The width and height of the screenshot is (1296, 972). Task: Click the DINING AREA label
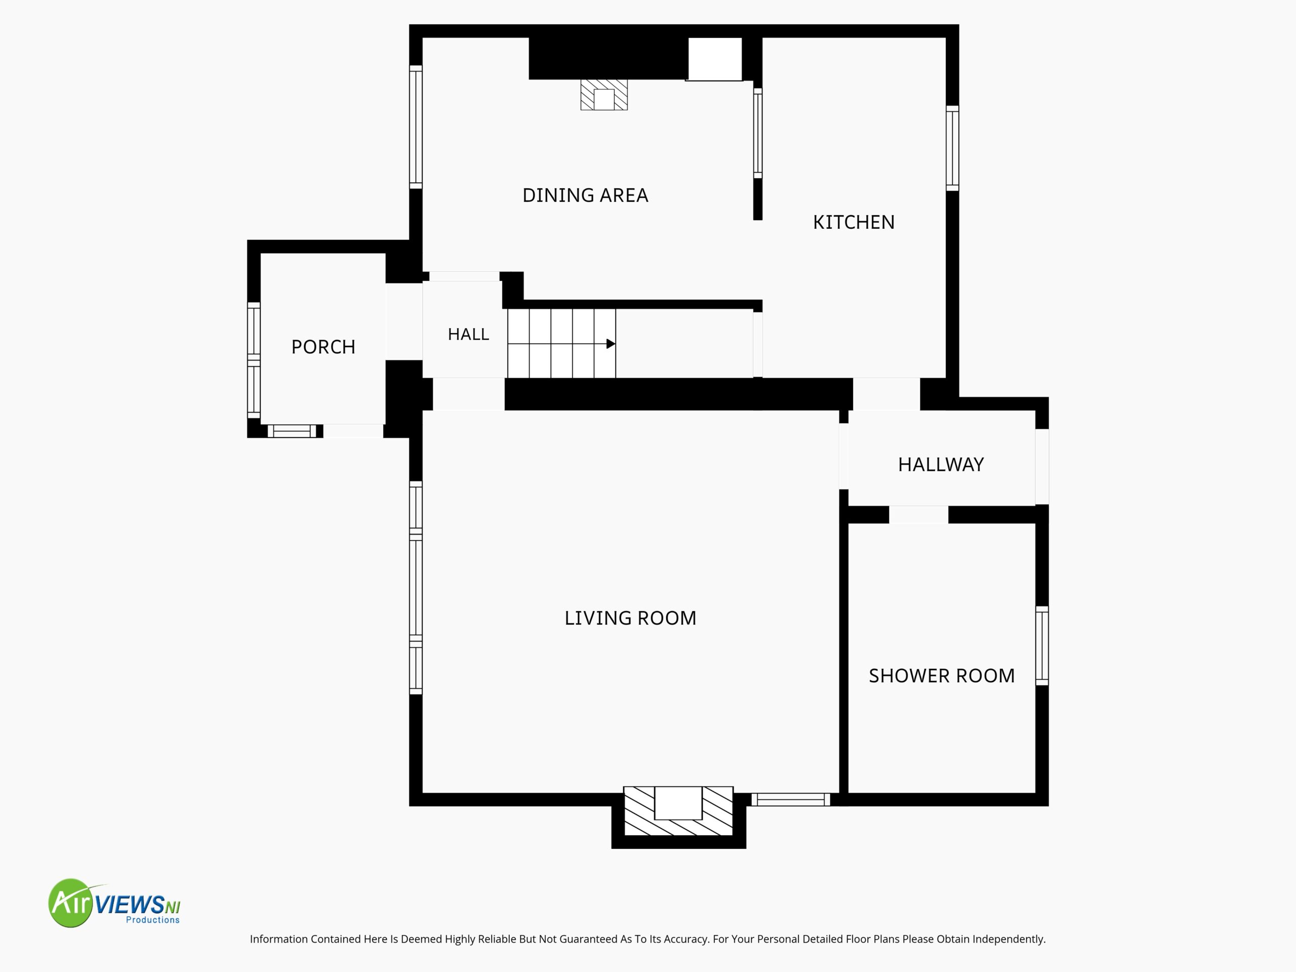point(585,195)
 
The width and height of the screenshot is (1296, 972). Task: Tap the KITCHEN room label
point(854,222)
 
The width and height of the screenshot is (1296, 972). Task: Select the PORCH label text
point(323,347)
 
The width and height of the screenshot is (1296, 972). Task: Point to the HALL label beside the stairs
point(468,334)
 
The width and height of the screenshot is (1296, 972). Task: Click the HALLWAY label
point(941,465)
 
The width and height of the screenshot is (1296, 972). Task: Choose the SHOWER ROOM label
point(942,675)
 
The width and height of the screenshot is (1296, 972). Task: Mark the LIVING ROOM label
point(630,618)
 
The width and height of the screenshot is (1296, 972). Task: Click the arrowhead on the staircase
point(611,344)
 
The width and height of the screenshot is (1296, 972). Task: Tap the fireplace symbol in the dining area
point(604,95)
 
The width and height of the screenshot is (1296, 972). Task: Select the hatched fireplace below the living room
point(678,811)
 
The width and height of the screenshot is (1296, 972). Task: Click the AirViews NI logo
point(114,903)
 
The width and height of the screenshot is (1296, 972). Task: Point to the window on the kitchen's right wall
point(953,148)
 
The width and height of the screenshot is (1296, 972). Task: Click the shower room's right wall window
point(1042,645)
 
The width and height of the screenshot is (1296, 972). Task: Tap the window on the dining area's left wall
point(416,127)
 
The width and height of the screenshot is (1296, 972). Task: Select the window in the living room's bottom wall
point(790,799)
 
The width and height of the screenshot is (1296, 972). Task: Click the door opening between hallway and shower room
point(918,514)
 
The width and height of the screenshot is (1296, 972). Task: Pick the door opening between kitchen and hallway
point(886,394)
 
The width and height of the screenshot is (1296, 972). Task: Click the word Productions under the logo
point(153,920)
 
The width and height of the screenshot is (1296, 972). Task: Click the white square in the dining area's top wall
point(715,59)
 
